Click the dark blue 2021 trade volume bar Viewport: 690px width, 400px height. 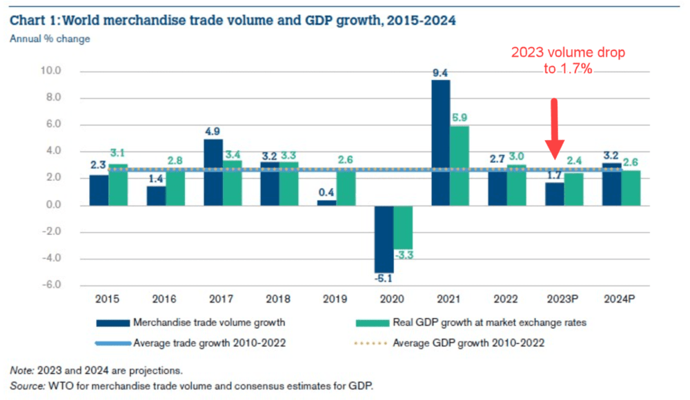point(440,143)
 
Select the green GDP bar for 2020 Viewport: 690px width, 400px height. point(403,228)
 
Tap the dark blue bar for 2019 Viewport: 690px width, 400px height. point(326,203)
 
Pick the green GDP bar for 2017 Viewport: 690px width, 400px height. point(233,183)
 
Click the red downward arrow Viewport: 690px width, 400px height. point(555,128)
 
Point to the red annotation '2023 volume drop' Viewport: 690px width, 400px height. point(568,52)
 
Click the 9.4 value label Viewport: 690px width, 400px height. point(440,73)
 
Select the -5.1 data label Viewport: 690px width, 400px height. point(383,278)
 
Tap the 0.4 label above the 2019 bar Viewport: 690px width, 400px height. point(326,192)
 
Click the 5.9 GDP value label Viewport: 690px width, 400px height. point(460,117)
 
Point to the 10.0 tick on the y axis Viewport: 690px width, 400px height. point(51,71)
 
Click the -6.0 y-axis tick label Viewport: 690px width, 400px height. point(52,285)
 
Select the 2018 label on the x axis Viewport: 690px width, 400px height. point(278,299)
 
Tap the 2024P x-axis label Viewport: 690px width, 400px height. point(619,299)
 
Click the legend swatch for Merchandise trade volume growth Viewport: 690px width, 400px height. point(113,323)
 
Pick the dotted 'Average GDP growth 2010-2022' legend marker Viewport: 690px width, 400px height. point(371,343)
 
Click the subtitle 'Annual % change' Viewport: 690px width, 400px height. point(50,39)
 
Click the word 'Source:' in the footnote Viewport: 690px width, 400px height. point(28,386)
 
